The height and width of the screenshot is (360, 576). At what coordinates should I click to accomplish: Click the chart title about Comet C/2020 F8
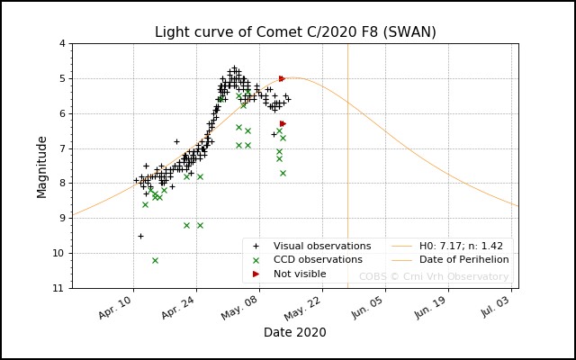(295, 32)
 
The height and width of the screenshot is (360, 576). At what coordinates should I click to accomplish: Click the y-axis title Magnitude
(42, 166)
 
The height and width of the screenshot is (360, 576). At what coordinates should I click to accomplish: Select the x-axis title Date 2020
(294, 332)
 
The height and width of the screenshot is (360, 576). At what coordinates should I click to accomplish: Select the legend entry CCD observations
(318, 260)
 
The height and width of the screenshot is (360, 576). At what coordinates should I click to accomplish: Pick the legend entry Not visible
(301, 274)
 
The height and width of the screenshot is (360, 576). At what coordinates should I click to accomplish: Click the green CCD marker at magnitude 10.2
(155, 260)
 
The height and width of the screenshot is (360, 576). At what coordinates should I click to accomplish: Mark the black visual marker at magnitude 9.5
(140, 236)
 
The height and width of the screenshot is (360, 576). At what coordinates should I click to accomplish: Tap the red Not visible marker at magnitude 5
(282, 78)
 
